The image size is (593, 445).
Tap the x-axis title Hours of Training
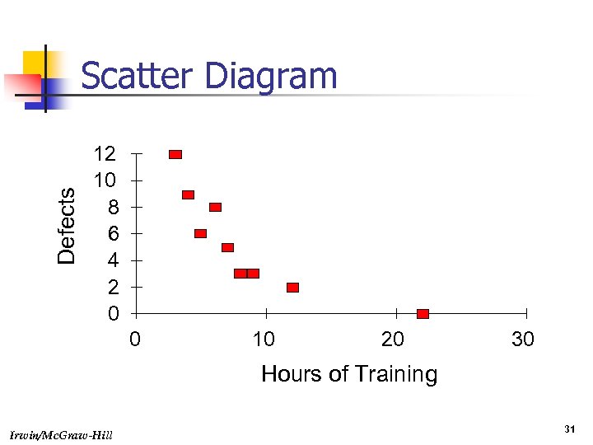click(349, 374)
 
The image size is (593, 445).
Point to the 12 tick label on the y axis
click(105, 153)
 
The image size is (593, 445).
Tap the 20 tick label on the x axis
click(393, 340)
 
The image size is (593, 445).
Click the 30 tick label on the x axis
click(523, 340)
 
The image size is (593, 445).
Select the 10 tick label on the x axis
click(263, 340)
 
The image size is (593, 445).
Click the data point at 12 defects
click(175, 154)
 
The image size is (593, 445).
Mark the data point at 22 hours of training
click(423, 313)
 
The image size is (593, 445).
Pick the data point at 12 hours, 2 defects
click(292, 287)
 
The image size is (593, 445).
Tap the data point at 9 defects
click(188, 194)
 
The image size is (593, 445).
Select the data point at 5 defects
click(227, 247)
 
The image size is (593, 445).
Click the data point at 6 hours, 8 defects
click(215, 207)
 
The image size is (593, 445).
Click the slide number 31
click(568, 429)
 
